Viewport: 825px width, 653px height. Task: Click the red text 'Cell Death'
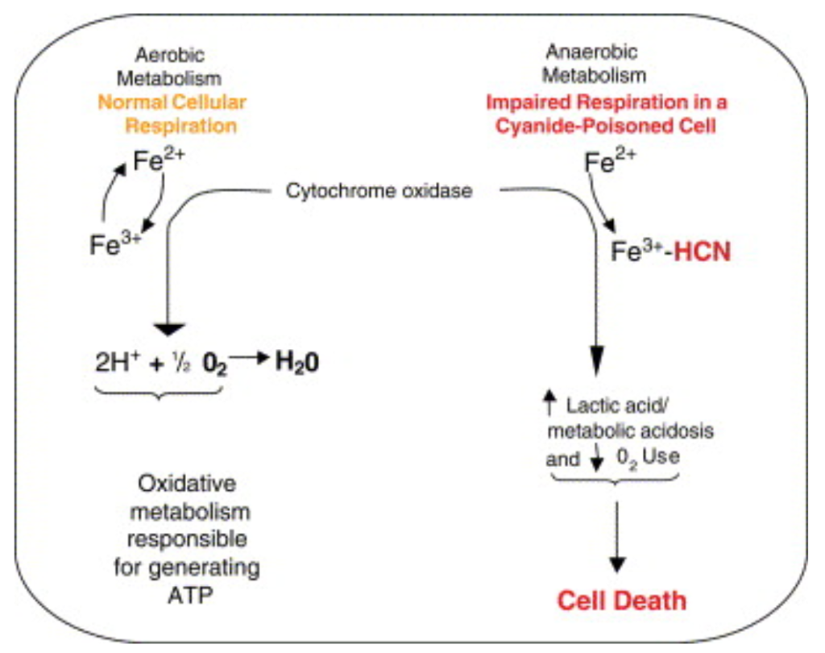pos(623,601)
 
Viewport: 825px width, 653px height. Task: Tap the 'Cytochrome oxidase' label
pos(379,192)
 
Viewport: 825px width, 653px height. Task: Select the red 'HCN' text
pos(702,252)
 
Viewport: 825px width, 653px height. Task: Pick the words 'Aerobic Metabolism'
pos(169,67)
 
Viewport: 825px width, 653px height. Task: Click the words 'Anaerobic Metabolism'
pos(593,64)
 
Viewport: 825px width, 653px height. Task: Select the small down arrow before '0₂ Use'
pos(596,458)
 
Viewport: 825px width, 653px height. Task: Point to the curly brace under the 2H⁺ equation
pos(158,393)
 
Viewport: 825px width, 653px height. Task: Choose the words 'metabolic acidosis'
pos(641,431)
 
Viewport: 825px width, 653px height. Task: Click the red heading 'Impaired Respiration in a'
pos(607,102)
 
